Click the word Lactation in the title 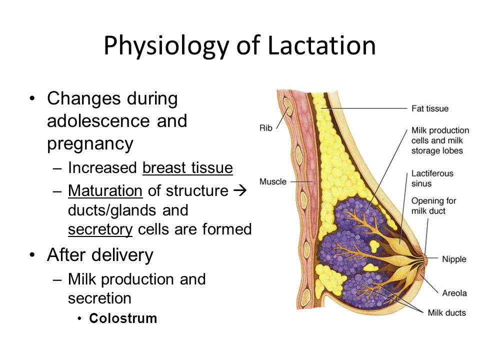(321, 45)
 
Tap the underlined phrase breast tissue (187, 168)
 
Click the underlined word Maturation (105, 190)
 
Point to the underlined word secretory (100, 230)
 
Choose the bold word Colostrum (123, 318)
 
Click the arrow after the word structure (240, 190)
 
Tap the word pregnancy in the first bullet (90, 144)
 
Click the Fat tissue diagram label (430, 108)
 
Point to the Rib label (265, 128)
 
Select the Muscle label (273, 181)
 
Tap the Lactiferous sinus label (432, 178)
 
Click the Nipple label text (454, 259)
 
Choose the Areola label (454, 293)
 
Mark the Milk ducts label (446, 313)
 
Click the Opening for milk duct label (433, 205)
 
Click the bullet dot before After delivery (32, 255)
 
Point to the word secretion (99, 298)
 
